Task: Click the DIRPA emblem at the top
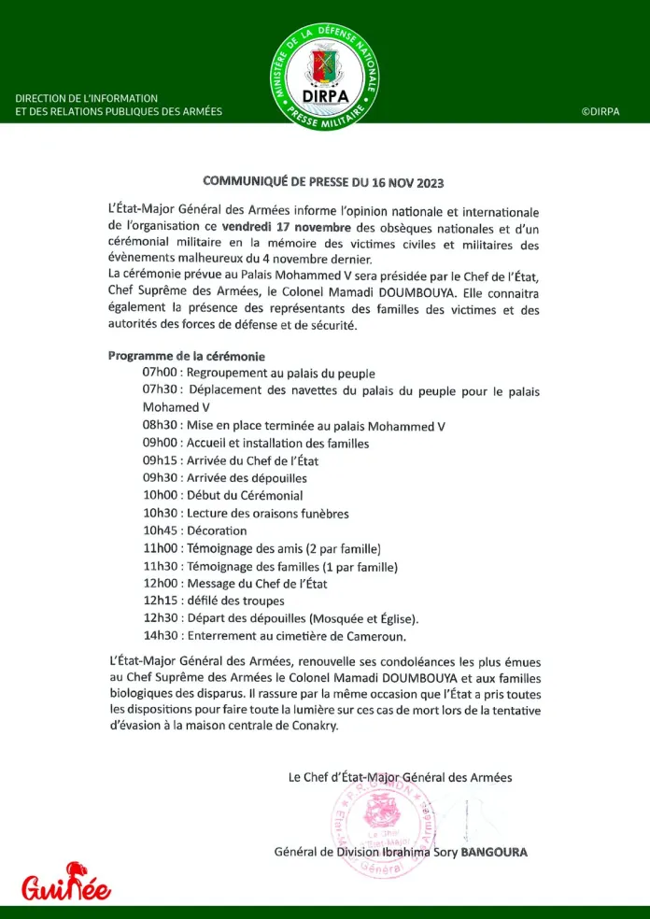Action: point(325,77)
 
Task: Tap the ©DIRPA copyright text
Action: point(601,112)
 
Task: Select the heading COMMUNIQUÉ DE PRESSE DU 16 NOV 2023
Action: point(324,182)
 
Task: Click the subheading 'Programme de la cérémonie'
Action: point(187,357)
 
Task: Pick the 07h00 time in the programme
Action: point(161,374)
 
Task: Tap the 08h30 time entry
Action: point(161,426)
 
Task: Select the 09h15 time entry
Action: point(161,460)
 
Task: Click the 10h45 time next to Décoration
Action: point(161,530)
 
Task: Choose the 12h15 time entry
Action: point(161,601)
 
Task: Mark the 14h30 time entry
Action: point(161,636)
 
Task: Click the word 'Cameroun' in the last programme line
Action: point(375,636)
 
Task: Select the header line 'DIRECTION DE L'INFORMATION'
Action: point(87,98)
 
